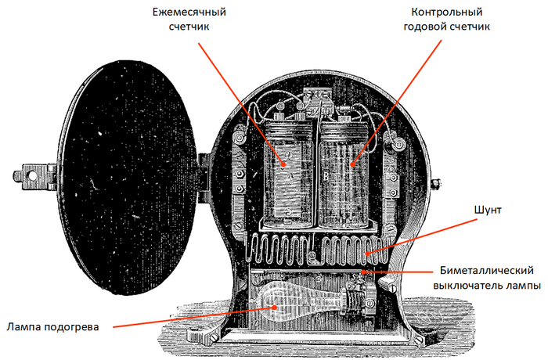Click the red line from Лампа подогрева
pos(196,317)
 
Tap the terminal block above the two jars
pos(318,100)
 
